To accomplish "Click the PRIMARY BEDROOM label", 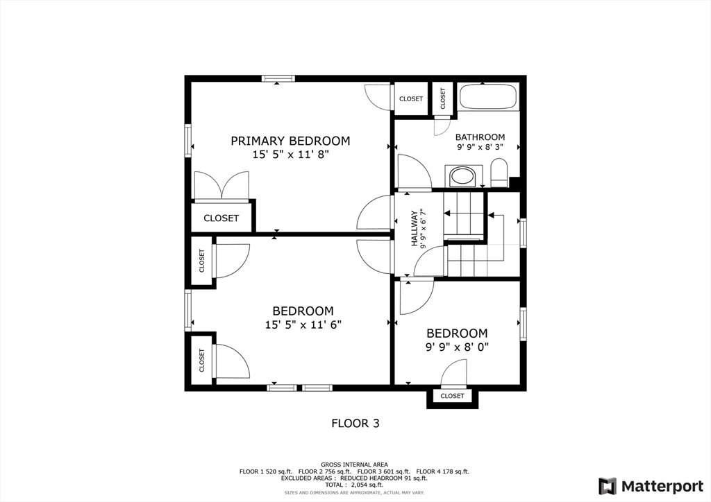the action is pyautogui.click(x=290, y=141).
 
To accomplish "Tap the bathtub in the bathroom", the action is pyautogui.click(x=488, y=96).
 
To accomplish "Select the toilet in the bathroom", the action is pyautogui.click(x=499, y=173).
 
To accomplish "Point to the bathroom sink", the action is pyautogui.click(x=460, y=176).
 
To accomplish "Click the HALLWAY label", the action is pyautogui.click(x=414, y=229).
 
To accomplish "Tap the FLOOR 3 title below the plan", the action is pyautogui.click(x=355, y=423).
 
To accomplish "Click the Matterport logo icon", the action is pyautogui.click(x=607, y=486).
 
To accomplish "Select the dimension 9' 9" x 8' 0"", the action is pyautogui.click(x=457, y=347).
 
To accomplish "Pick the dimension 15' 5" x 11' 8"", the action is pyautogui.click(x=290, y=155).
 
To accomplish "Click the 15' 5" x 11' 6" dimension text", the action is pyautogui.click(x=303, y=324).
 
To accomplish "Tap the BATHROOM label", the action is pyautogui.click(x=480, y=137).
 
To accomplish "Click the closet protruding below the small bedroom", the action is pyautogui.click(x=452, y=396).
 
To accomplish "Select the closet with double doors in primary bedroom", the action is pyautogui.click(x=221, y=218).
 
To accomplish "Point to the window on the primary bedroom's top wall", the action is pyautogui.click(x=278, y=79).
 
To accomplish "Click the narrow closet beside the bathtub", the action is pyautogui.click(x=442, y=98).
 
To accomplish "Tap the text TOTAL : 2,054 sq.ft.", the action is pyautogui.click(x=354, y=485).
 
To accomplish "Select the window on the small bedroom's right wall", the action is pyautogui.click(x=524, y=324).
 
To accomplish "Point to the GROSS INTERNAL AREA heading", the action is pyautogui.click(x=354, y=465).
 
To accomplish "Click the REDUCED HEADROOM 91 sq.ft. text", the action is pyautogui.click(x=383, y=478).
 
